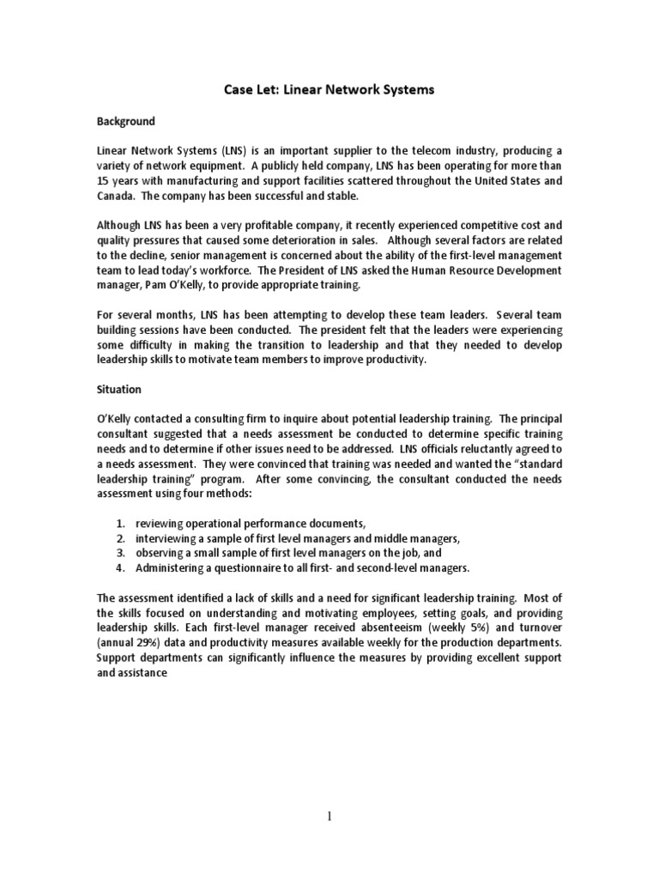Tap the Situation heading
(x=118, y=389)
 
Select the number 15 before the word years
(x=102, y=181)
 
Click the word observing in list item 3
(x=163, y=552)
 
